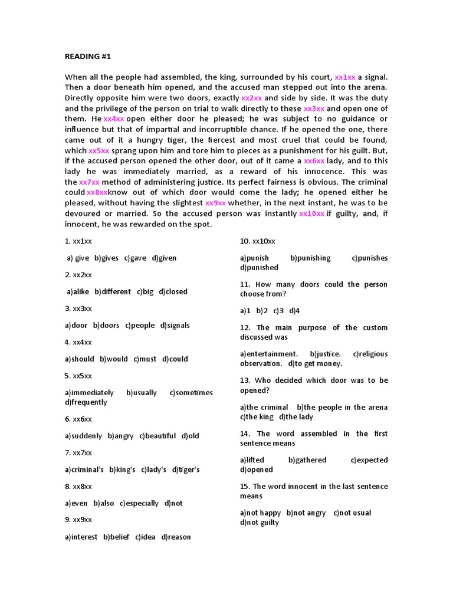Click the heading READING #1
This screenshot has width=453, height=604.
coord(87,57)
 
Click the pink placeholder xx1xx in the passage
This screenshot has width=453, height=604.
coord(345,77)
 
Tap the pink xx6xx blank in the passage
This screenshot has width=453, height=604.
coord(314,160)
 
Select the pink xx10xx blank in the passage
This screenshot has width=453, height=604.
coord(312,214)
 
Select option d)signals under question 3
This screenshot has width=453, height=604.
coord(175,325)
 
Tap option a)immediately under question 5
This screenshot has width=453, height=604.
coord(89,393)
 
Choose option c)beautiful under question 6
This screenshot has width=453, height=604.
coord(157,436)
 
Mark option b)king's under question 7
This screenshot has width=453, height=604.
coord(122,470)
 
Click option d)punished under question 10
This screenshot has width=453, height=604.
coord(259,267)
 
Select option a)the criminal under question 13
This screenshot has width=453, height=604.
coord(264,407)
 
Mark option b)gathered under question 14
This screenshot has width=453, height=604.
coord(307,460)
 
